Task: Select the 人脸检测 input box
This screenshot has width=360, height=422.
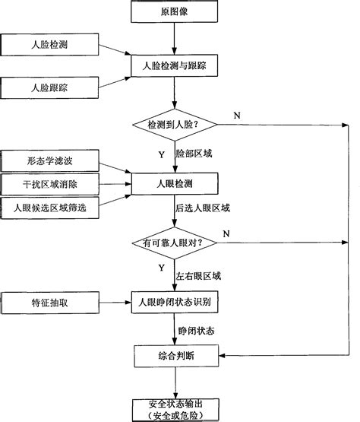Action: (49, 45)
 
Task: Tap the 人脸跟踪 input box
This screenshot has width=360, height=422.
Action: (49, 87)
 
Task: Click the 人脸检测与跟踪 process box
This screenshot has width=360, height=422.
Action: (175, 67)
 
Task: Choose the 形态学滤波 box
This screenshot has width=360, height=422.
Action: (49, 162)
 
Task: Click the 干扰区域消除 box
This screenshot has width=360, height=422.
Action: (49, 184)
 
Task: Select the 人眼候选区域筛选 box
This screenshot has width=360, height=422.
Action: (49, 206)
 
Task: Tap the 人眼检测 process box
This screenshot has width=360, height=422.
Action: (175, 183)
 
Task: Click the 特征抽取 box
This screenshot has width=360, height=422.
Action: (49, 302)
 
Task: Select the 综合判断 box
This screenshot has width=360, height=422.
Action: (175, 354)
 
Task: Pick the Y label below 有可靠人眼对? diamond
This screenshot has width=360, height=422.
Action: (161, 268)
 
